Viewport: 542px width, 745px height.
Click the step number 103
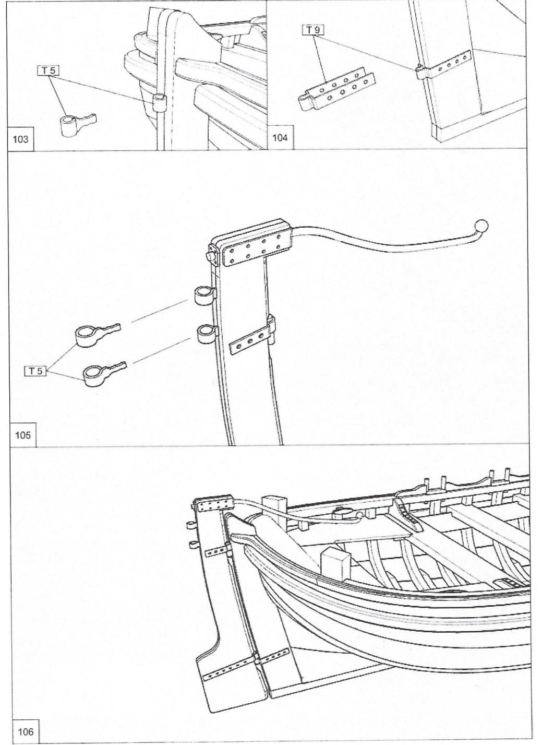tap(21, 139)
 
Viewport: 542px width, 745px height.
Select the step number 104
tap(281, 139)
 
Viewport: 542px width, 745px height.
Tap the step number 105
tap(22, 434)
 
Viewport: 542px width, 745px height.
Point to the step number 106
tap(25, 731)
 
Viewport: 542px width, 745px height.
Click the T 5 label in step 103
tap(49, 70)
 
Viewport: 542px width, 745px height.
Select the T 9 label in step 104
tap(313, 30)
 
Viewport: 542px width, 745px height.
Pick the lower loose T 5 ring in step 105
tap(103, 374)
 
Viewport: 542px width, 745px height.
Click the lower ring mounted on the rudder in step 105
tap(207, 334)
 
